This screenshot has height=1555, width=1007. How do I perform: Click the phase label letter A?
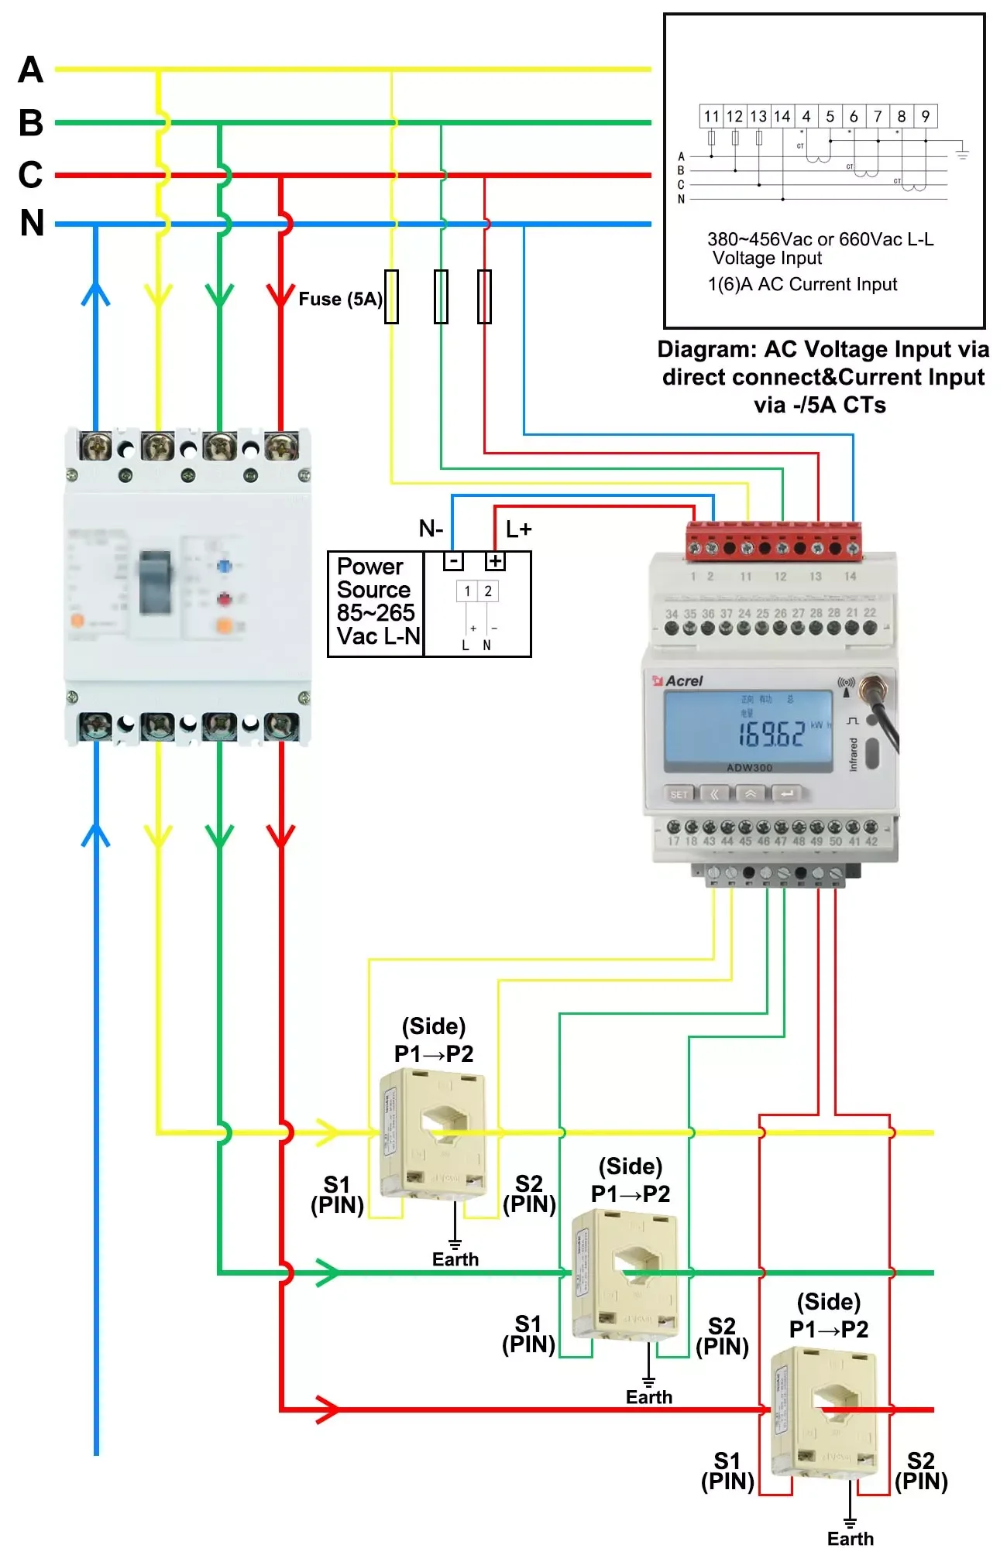tap(31, 70)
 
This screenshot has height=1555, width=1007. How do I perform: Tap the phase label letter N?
tap(32, 223)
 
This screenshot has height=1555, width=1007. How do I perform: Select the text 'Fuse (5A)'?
tap(340, 300)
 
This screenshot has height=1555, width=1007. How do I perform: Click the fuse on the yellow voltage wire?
tap(392, 296)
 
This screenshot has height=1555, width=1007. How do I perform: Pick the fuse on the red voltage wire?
tap(484, 296)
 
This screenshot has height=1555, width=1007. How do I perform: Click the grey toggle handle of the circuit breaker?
tap(155, 582)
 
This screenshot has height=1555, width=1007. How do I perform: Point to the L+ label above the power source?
tap(518, 529)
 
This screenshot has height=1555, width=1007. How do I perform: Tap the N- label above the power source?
tap(431, 529)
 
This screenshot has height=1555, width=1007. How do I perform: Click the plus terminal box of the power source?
tap(495, 561)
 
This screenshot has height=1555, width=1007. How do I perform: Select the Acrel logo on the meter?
tap(679, 681)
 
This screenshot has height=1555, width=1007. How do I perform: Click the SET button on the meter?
tap(679, 794)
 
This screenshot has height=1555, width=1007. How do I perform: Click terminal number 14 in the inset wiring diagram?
tap(782, 117)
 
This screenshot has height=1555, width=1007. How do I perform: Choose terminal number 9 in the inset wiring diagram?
tap(926, 117)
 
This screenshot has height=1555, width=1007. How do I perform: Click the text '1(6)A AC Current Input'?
tap(803, 285)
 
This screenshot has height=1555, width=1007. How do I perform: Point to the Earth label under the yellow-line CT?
tap(455, 1259)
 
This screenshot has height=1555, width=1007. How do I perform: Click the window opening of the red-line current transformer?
tap(834, 1399)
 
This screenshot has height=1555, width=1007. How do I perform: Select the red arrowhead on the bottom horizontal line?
tap(328, 1409)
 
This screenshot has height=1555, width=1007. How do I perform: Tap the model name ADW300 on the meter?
tap(749, 768)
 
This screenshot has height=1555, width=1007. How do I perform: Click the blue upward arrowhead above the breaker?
tap(96, 293)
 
